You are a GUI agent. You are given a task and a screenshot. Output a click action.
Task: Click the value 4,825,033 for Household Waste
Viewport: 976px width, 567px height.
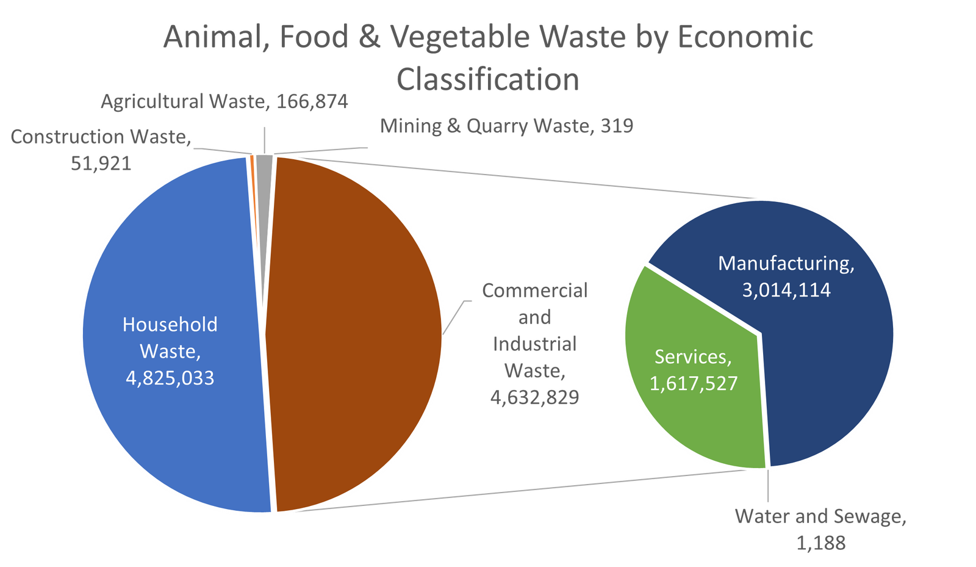(x=170, y=378)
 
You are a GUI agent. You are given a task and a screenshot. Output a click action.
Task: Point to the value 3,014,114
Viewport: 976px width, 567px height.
(x=786, y=289)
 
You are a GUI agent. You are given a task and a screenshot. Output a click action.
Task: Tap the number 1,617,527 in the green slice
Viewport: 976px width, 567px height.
(x=694, y=383)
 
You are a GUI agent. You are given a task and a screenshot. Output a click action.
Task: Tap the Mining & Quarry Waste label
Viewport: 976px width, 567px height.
(x=506, y=126)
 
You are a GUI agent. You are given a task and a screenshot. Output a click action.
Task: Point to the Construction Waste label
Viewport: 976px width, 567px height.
(x=101, y=137)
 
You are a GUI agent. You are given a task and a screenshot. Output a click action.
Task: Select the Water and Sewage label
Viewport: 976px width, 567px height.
(x=820, y=517)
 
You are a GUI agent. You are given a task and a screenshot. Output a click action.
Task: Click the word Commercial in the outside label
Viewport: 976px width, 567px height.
(x=534, y=291)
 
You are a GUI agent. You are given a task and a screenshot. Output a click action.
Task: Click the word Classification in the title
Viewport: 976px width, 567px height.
(x=487, y=80)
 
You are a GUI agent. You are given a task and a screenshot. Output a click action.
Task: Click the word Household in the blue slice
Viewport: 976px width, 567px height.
(x=170, y=324)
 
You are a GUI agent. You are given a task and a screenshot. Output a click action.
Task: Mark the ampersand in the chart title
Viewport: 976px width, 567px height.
(x=368, y=37)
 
